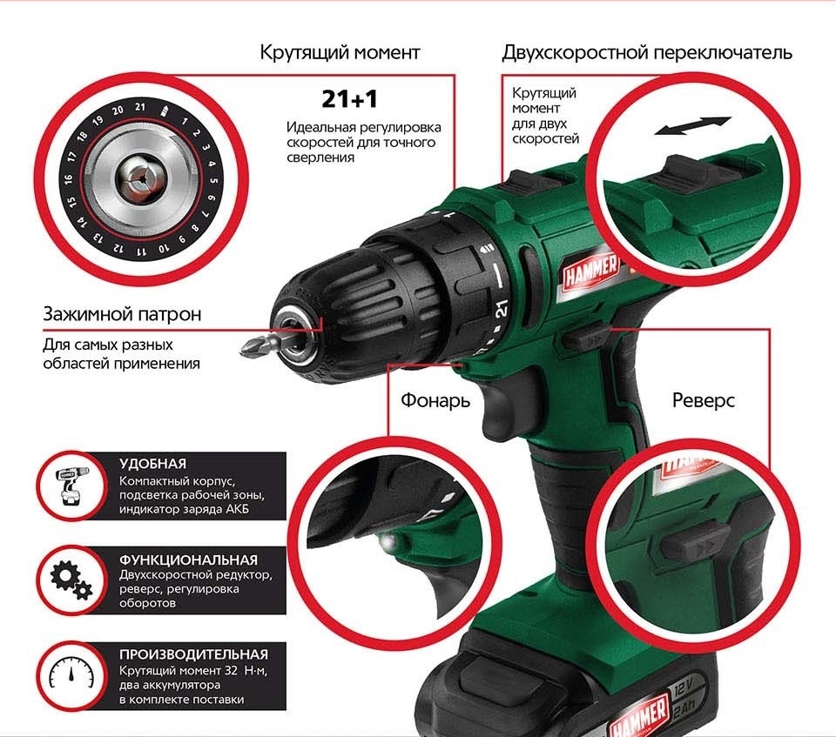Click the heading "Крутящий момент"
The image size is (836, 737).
pos(340,52)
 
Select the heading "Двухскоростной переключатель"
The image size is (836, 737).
pos(647,52)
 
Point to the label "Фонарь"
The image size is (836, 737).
pos(435,400)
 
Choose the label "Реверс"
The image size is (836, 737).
pos(703,400)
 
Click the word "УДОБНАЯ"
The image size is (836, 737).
pos(153,464)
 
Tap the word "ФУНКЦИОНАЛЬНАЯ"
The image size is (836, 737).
pos(188,559)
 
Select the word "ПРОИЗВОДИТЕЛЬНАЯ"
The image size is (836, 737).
pos(193,653)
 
